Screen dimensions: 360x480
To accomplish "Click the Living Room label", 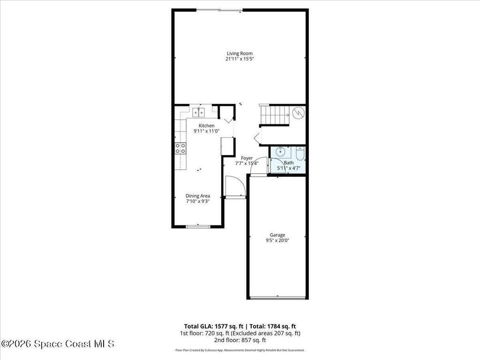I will pyautogui.click(x=240, y=53).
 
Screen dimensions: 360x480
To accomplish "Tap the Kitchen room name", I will pyautogui.click(x=206, y=126).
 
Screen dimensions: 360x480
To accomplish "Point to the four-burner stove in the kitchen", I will pyautogui.click(x=180, y=149).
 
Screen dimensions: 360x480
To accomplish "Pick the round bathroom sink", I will pyautogui.click(x=280, y=151).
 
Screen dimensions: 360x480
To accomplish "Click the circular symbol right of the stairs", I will pyautogui.click(x=298, y=113).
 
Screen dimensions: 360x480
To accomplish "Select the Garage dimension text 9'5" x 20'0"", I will pyautogui.click(x=277, y=240).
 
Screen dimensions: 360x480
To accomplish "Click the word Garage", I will pyautogui.click(x=277, y=235).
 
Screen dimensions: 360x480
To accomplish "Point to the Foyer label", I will pyautogui.click(x=247, y=158).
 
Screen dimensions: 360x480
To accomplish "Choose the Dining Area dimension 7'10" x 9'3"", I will pyautogui.click(x=197, y=201).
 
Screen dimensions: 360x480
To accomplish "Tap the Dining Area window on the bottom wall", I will pyautogui.click(x=197, y=227).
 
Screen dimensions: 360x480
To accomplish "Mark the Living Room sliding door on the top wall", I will pyautogui.click(x=219, y=10).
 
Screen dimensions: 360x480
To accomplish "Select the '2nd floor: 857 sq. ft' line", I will pyautogui.click(x=240, y=340).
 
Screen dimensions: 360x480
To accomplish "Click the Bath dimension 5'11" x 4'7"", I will pyautogui.click(x=289, y=168).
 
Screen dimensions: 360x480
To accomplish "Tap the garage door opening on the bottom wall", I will pyautogui.click(x=277, y=297).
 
